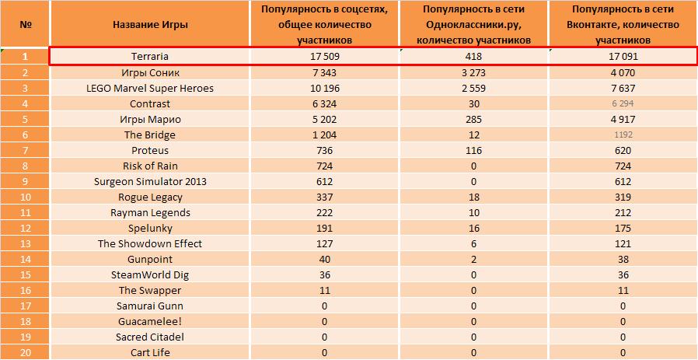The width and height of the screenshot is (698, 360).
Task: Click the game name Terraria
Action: pyautogui.click(x=150, y=57)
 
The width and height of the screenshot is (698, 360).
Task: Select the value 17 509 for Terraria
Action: pyautogui.click(x=324, y=57)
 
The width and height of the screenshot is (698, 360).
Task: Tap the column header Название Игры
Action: pyautogui.click(x=150, y=24)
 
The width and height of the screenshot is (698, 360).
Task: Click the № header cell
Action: pyautogui.click(x=26, y=24)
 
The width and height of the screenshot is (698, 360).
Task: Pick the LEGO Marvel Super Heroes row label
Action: pyautogui.click(x=150, y=88)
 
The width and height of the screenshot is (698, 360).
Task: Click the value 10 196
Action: pyautogui.click(x=324, y=88)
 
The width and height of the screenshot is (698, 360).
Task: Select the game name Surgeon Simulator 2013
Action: pyautogui.click(x=150, y=181)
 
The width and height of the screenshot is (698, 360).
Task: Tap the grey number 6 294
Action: pyautogui.click(x=623, y=103)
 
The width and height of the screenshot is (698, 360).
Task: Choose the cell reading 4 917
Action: pyautogui.click(x=623, y=119)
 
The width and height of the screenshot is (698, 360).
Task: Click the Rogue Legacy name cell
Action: pyautogui.click(x=150, y=197)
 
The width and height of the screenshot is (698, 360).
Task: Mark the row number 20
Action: pyautogui.click(x=26, y=352)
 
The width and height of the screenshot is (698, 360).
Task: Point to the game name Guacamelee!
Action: pyautogui.click(x=150, y=321)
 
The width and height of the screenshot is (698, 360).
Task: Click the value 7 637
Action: pyautogui.click(x=623, y=88)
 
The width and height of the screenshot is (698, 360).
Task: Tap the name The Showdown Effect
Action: pyautogui.click(x=150, y=243)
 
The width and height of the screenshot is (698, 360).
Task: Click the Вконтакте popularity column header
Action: pyautogui.click(x=623, y=24)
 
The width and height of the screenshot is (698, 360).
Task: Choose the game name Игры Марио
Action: pyautogui.click(x=150, y=119)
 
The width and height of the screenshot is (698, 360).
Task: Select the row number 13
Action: pyautogui.click(x=26, y=243)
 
